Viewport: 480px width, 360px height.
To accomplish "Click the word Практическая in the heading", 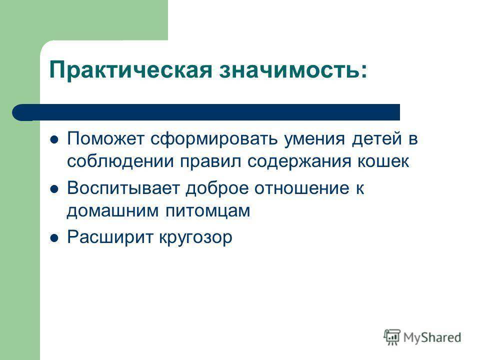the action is point(130,71).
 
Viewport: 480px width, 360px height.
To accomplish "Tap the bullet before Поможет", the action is point(54,140).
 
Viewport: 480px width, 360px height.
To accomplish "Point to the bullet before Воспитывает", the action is point(54,189).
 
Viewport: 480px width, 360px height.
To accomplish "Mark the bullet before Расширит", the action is point(54,238).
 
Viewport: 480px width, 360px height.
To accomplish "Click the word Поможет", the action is point(105,138).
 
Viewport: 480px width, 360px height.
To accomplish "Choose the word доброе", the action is point(217,188).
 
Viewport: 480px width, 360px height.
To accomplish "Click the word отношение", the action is point(302,188).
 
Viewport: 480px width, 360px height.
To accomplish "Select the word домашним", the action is point(112,211).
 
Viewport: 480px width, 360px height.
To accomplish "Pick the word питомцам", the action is point(208,211).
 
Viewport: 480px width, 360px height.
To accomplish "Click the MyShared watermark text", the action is point(432,337).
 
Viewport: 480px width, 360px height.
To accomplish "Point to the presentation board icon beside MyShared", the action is point(392,337).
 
